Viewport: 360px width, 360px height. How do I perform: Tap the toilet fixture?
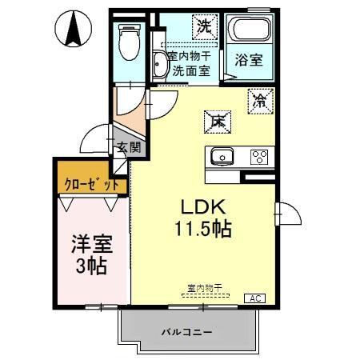(x=128, y=40)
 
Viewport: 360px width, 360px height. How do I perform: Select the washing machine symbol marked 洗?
(x=205, y=26)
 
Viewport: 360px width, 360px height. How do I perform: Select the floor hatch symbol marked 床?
(x=217, y=121)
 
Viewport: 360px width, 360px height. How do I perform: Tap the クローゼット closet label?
(x=91, y=184)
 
